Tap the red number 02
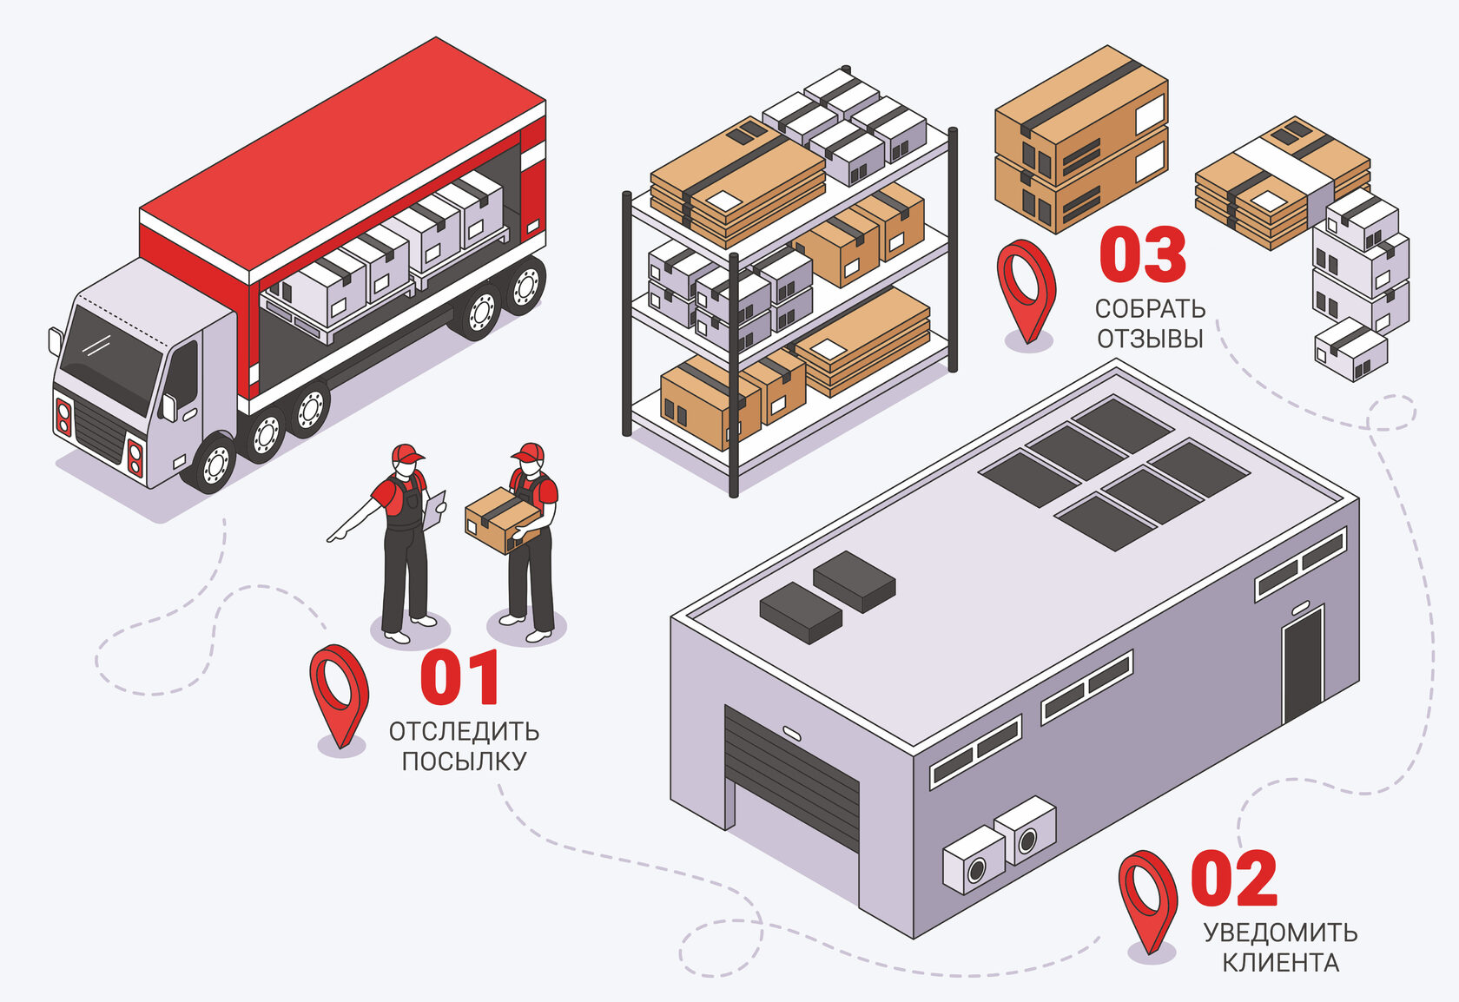(x=1233, y=879)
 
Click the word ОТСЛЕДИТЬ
(x=464, y=732)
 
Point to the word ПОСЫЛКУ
(x=464, y=761)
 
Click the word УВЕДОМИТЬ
(x=1280, y=933)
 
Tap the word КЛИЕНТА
(x=1280, y=962)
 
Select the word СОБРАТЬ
(x=1150, y=308)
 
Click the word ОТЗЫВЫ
(x=1150, y=338)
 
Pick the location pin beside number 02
(x=1147, y=899)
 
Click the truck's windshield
(x=113, y=356)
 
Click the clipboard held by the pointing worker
(x=434, y=510)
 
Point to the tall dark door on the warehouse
(x=1303, y=664)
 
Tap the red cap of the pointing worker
(x=406, y=454)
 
